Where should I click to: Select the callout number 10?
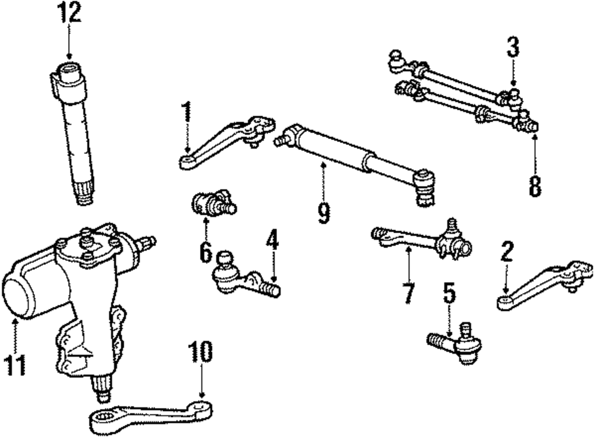tap(201, 352)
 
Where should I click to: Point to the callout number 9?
tap(324, 212)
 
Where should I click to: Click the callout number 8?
tap(534, 185)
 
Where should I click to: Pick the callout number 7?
tap(408, 292)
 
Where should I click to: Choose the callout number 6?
tap(205, 252)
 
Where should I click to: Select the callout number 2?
tap(506, 253)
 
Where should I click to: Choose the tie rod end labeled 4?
tap(242, 277)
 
